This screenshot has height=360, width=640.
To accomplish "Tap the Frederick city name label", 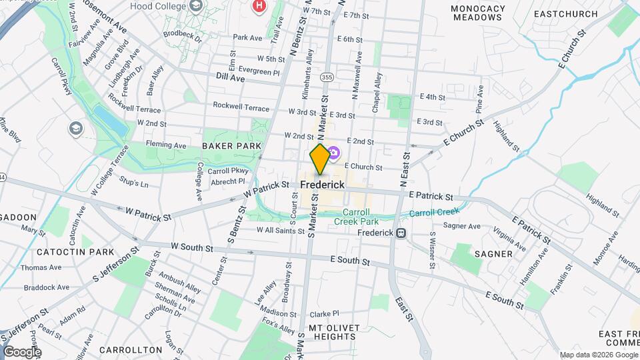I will pos(323,185).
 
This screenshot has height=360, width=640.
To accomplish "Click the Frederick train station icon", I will pos(401,233).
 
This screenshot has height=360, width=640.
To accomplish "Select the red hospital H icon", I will pos(259,6).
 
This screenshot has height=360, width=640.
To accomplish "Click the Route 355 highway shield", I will pos(327,77).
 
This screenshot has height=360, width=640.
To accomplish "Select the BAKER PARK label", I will pos(227,145).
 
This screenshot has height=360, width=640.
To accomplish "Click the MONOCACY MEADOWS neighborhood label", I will pos(478,13).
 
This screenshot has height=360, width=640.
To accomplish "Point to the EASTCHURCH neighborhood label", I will pos(563,13).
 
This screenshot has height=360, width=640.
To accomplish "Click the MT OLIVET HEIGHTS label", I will pos(333,332).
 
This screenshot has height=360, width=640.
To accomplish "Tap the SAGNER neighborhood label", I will pos(493,254).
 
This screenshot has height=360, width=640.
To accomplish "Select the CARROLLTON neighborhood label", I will pos(131,349).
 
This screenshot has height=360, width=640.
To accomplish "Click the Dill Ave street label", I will pos(231,78).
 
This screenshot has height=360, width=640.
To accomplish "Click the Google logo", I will pos(22,351).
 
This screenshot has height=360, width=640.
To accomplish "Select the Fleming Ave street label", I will pos(171,145).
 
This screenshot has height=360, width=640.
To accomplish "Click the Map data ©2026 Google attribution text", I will pos(598,355).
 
